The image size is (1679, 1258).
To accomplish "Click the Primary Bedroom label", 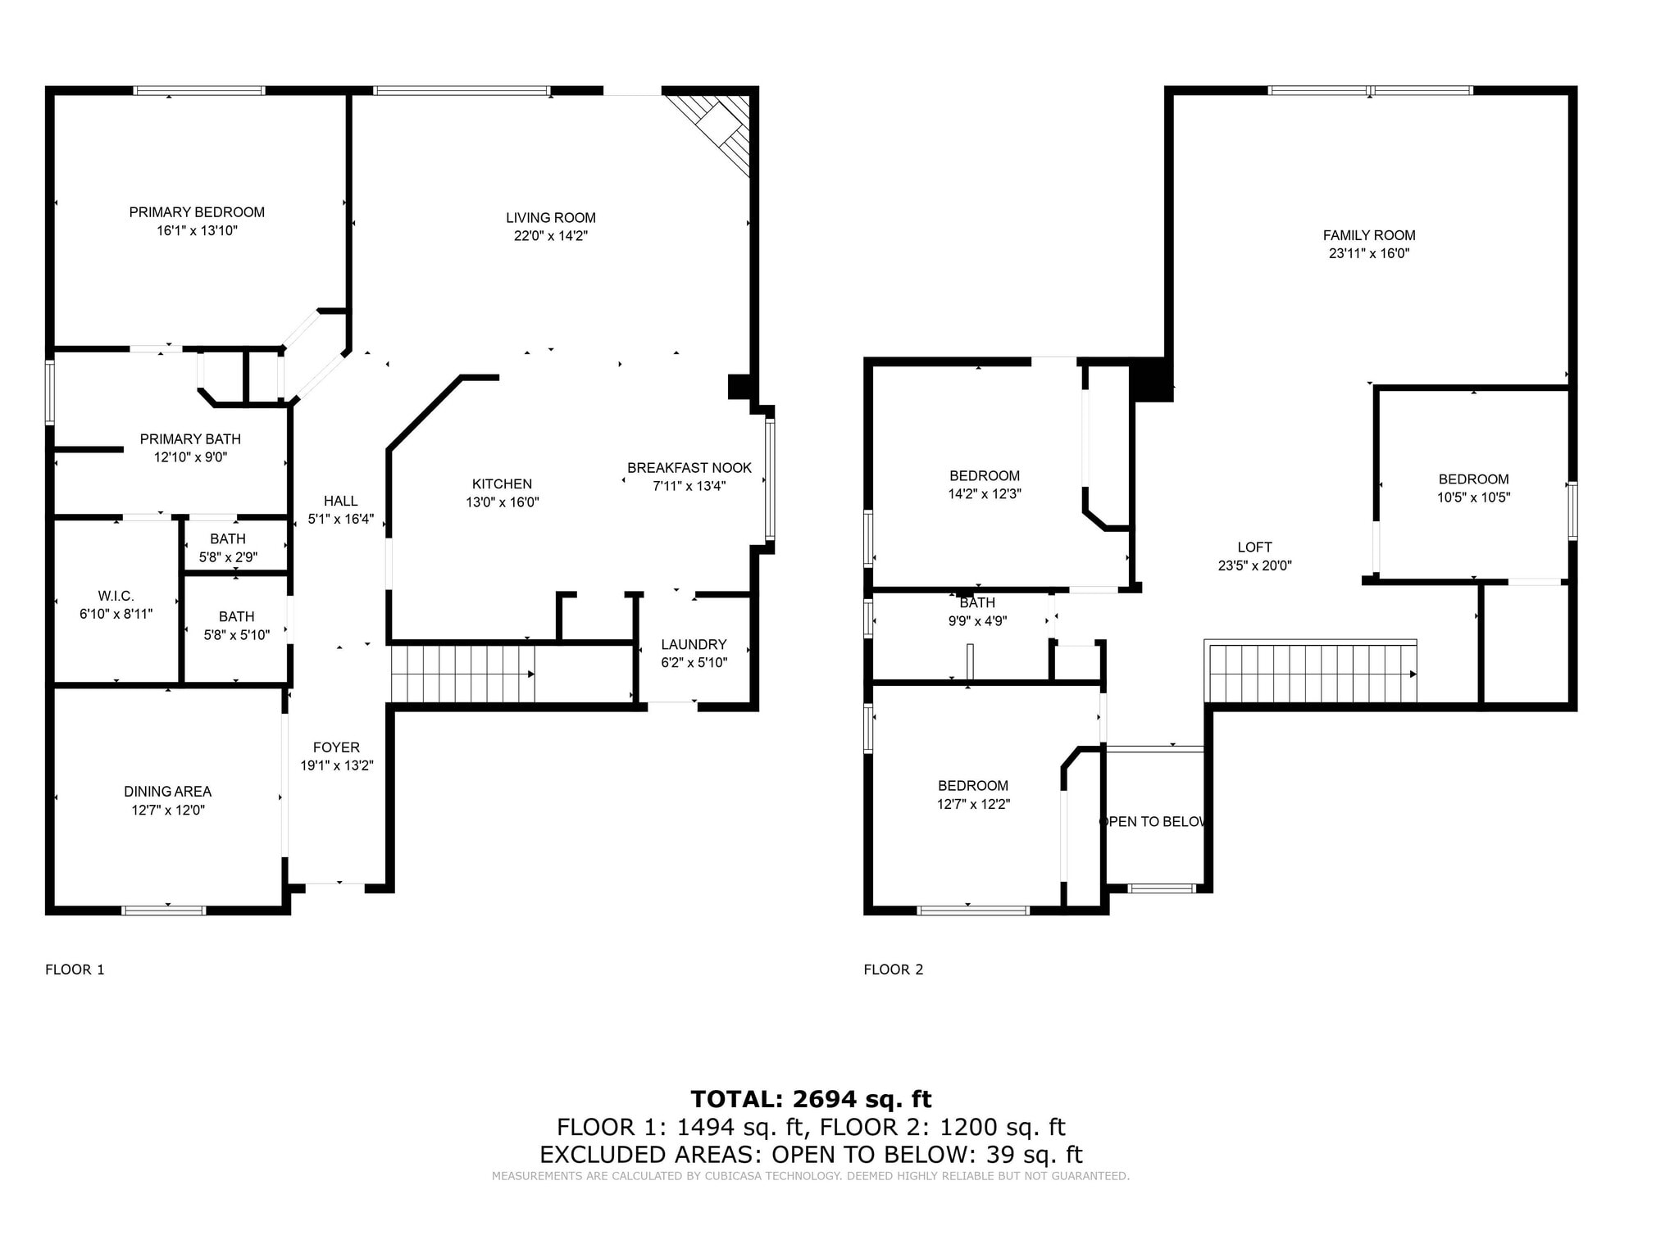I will tap(197, 212).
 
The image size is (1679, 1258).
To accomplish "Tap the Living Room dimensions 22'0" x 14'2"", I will tap(550, 236).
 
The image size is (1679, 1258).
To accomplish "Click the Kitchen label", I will tap(502, 484).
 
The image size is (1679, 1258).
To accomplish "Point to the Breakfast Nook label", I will tap(689, 468).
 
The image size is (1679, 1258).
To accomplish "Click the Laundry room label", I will tap(694, 645).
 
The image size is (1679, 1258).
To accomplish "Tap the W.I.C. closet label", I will tap(116, 596).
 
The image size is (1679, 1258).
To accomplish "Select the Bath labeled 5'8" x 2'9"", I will tap(228, 547).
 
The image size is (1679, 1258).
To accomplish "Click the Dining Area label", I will tap(167, 792).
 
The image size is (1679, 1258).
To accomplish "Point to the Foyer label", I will tap(336, 747).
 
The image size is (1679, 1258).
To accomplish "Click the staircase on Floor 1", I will tap(462, 674).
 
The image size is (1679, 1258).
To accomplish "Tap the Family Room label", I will tap(1368, 235).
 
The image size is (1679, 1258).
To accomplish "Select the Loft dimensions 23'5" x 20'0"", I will tap(1254, 565).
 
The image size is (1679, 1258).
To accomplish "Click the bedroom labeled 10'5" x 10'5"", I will tap(1472, 488).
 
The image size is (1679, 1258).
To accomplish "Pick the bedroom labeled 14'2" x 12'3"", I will tap(984, 484).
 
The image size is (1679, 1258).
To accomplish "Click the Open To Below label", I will tap(1153, 822).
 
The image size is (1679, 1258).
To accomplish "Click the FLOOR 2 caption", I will tap(893, 970).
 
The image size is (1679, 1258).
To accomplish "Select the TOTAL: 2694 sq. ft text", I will tap(810, 1099).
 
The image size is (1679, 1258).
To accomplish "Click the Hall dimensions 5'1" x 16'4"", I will tap(340, 519).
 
